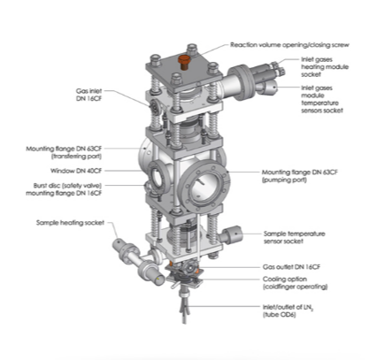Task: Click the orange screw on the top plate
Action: tap(183, 62)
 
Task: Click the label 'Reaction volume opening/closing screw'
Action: tap(289, 45)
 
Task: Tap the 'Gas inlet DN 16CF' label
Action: tap(88, 95)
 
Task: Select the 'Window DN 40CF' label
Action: tap(76, 171)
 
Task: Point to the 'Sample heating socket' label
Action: tap(70, 223)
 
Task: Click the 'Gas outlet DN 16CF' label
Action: tap(291, 267)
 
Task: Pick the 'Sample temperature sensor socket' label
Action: tap(295, 237)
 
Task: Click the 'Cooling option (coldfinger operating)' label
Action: tap(295, 283)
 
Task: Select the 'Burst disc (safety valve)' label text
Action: tap(67, 186)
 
